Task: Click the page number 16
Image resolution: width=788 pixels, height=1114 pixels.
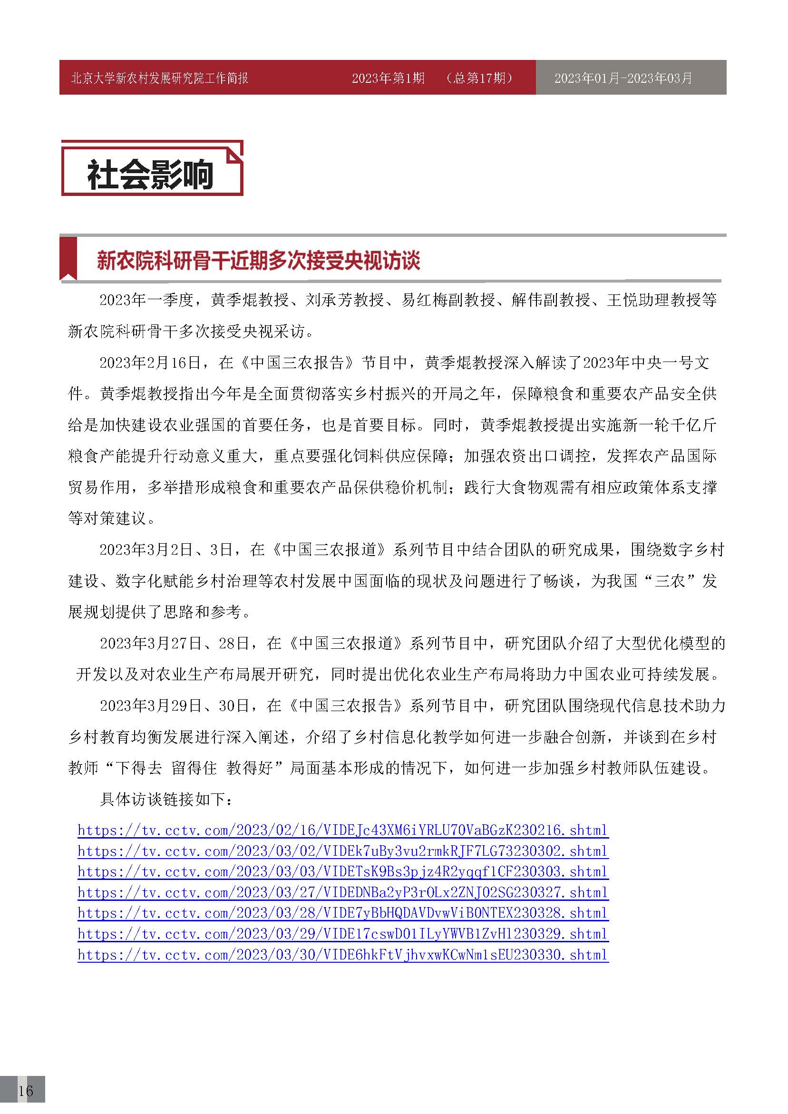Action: click(x=25, y=1091)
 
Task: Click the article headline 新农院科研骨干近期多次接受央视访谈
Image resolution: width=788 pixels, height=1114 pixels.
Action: click(x=258, y=261)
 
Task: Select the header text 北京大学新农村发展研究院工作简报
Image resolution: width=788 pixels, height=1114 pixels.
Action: click(x=160, y=78)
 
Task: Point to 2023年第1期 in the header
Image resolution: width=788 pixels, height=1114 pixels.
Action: click(x=388, y=78)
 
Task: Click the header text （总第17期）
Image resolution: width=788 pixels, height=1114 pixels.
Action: click(x=480, y=78)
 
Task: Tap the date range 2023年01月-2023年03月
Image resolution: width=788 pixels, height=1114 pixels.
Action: click(x=623, y=78)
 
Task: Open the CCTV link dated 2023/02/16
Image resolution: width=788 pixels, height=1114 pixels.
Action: click(x=342, y=830)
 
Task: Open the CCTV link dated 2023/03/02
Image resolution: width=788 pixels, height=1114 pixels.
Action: click(x=342, y=851)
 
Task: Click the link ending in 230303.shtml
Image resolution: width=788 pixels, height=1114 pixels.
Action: click(x=342, y=872)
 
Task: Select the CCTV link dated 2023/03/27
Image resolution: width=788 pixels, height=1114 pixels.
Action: click(x=342, y=893)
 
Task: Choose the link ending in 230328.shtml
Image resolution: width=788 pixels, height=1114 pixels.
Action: click(x=342, y=913)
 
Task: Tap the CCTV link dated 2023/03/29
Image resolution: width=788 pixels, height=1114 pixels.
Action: click(x=342, y=934)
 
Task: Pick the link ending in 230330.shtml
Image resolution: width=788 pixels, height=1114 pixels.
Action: click(x=342, y=955)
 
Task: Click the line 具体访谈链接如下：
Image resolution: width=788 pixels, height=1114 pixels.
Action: click(x=166, y=799)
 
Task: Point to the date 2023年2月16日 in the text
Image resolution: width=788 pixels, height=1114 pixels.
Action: click(x=150, y=363)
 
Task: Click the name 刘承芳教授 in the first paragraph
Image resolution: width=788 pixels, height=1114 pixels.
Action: click(x=344, y=300)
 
